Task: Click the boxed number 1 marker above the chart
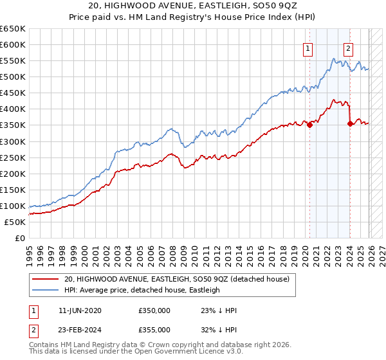tap(308, 48)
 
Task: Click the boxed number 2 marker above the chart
tap(348, 48)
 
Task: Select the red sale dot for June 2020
tap(309, 125)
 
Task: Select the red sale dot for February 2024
tap(350, 123)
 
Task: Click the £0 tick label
tap(19, 239)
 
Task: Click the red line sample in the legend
tap(46, 279)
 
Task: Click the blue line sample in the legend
tap(46, 290)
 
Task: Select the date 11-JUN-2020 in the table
tap(80, 310)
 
